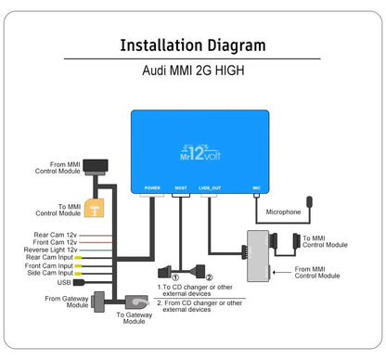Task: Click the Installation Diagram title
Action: coord(193,45)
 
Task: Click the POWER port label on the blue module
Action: coord(152,187)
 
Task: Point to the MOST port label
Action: coord(181,187)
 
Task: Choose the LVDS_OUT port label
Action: coord(211,187)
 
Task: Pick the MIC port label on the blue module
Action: coord(256,187)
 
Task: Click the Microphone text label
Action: coord(283,212)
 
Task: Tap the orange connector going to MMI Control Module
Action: coord(94,210)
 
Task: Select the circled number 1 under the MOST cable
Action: coord(164,276)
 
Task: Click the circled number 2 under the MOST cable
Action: coord(209,276)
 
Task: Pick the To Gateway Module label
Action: coord(131,318)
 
